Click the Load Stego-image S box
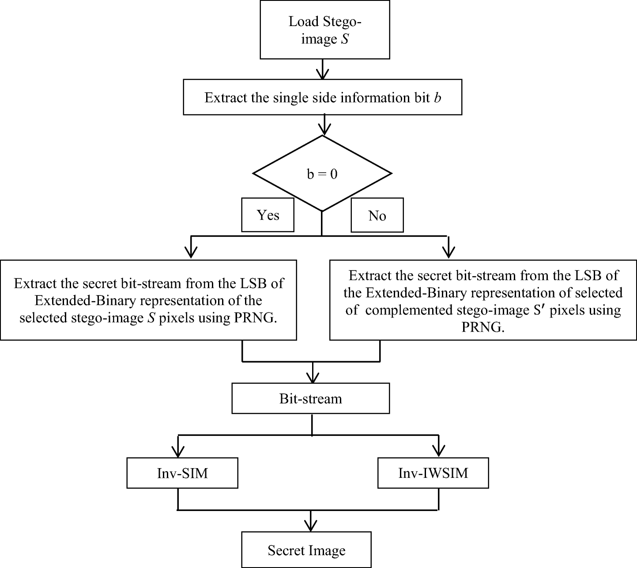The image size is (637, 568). pos(324,30)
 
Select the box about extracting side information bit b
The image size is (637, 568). pos(322,97)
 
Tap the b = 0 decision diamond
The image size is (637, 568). pos(322,174)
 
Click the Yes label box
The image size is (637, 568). pos(268,215)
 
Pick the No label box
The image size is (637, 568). pos(377,216)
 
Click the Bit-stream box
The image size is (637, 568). pos(311,398)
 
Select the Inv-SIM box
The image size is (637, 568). pos(182,473)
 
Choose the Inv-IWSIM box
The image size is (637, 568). pos(433,473)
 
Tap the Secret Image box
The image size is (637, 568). pos(306,550)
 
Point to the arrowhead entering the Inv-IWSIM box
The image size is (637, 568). pos(439,451)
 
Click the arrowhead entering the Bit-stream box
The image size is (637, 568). pos(313,378)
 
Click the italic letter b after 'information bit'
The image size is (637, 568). pos(437,98)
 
